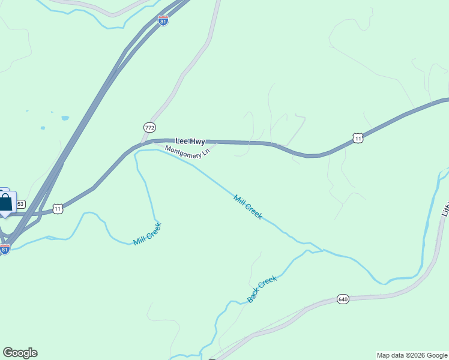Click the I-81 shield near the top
click(x=163, y=20)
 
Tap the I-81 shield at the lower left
click(x=5, y=249)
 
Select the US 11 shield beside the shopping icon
click(x=57, y=209)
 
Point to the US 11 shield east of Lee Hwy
click(x=358, y=138)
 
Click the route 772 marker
click(x=149, y=127)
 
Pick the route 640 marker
click(x=343, y=299)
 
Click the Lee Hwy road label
click(x=190, y=142)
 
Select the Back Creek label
click(x=262, y=289)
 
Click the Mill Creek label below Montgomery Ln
click(x=248, y=207)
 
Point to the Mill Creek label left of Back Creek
click(x=148, y=233)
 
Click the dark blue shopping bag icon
click(x=5, y=203)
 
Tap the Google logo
click(x=20, y=353)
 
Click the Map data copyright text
click(x=412, y=355)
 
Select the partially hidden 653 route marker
click(x=20, y=204)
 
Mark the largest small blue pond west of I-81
click(x=65, y=118)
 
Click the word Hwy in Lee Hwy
click(x=197, y=142)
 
